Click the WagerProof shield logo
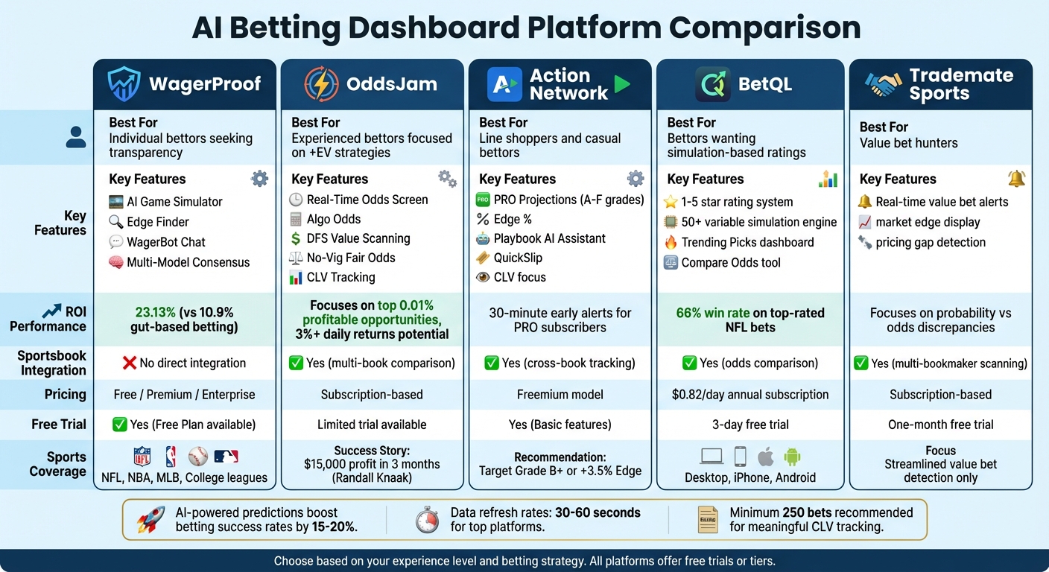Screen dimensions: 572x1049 pos(124,83)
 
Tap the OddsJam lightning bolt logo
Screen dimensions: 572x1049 pos(321,83)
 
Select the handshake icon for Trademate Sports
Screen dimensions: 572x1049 pos(883,84)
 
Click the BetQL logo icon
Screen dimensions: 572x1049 pos(712,83)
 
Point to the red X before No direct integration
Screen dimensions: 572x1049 pos(129,363)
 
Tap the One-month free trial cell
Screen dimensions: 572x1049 pos(940,425)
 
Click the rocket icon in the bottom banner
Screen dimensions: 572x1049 pos(151,520)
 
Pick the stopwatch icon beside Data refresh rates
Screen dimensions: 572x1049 pos(427,520)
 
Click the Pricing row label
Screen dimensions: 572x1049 pos(65,395)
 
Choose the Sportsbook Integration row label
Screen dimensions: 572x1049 pos(52,363)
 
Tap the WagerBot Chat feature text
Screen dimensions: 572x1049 pos(165,242)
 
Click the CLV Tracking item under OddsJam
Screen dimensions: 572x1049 pos(340,277)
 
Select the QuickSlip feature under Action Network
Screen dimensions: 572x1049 pos(518,258)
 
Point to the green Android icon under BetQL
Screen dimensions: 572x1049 pos(792,457)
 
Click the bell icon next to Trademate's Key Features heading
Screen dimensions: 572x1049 pos(1015,179)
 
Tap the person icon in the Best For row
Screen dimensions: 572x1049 pos(76,137)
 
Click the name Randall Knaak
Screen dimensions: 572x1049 pos(372,478)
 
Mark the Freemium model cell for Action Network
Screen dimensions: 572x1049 pos(560,395)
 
